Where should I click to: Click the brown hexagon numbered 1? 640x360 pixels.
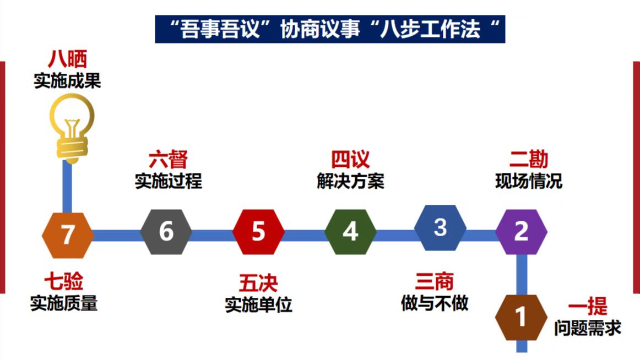pos(521,318)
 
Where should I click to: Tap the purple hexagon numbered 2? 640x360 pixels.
pos(522,232)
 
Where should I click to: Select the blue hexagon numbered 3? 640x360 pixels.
pos(441,227)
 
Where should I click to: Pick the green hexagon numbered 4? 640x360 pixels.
pos(351,232)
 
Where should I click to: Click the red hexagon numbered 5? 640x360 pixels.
pos(259,232)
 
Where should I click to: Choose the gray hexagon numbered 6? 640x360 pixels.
pos(166,232)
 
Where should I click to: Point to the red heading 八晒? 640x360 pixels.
pos(67,59)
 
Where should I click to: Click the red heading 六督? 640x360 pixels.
pos(168,160)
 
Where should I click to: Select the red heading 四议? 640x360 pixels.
pos(350,160)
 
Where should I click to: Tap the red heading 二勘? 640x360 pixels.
pos(529,160)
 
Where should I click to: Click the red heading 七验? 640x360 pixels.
pos(64,281)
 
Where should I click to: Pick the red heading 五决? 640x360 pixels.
pos(258,283)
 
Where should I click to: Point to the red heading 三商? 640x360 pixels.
pos(434,281)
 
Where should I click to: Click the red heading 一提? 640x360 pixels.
pos(588,306)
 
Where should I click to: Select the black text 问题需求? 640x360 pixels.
pos(588,328)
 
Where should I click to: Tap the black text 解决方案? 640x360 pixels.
pos(351,182)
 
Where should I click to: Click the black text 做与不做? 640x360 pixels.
pos(435,303)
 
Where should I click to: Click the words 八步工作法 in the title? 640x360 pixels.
pos(430,29)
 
